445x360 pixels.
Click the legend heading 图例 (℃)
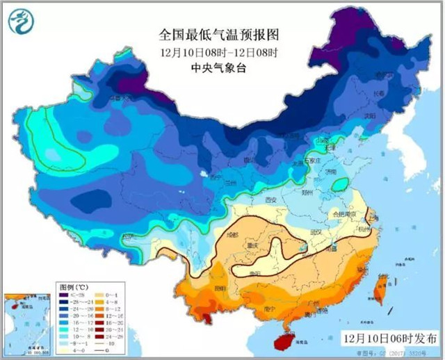[x=71, y=286]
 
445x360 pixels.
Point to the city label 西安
[x=268, y=202]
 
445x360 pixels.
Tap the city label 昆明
[x=219, y=286]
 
